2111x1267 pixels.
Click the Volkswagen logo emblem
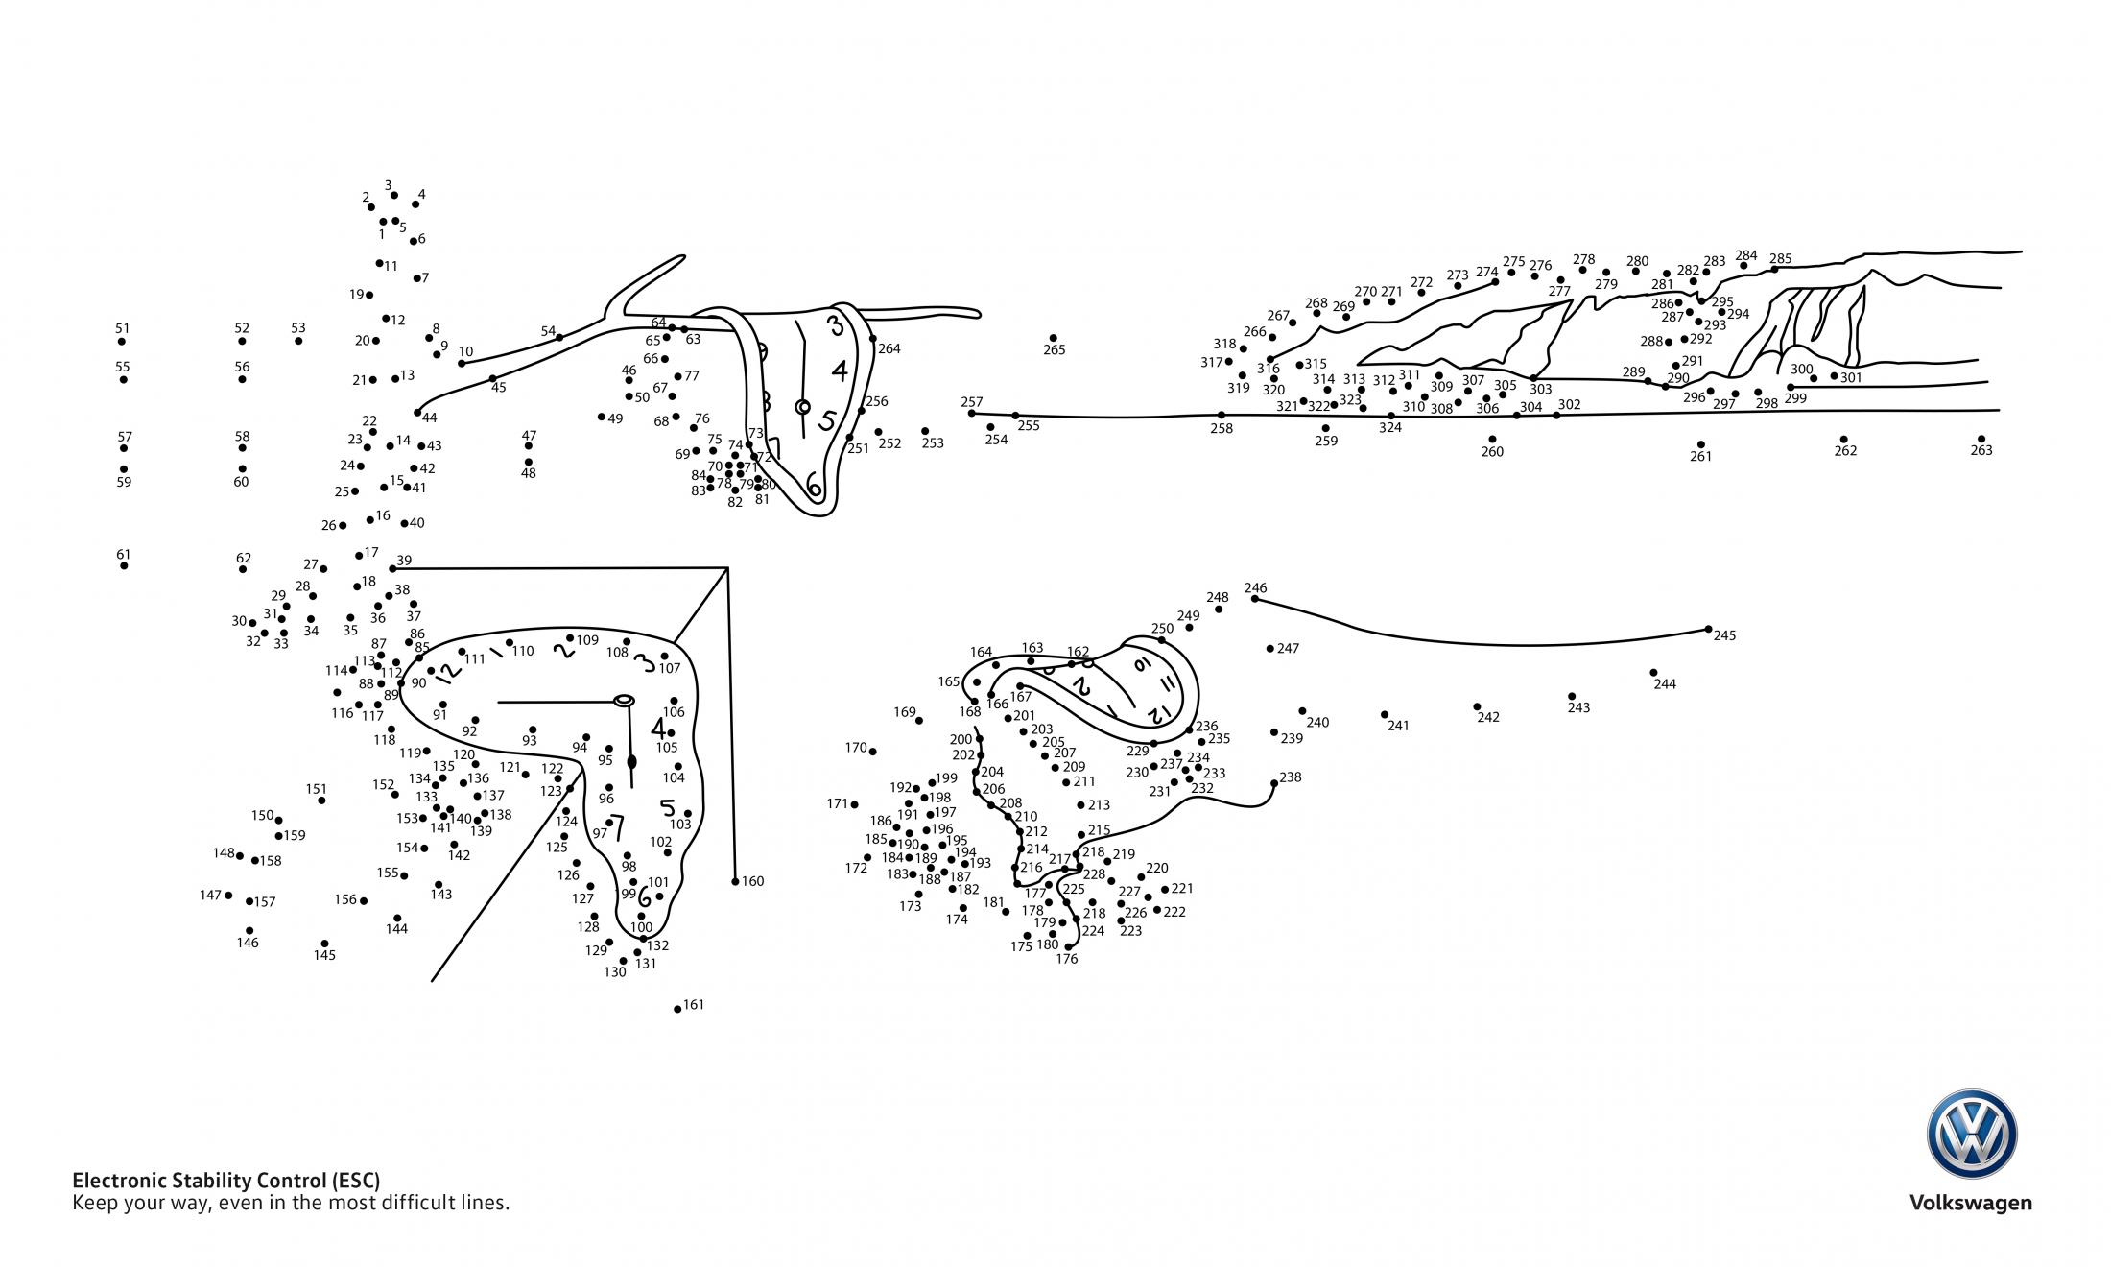click(1972, 1135)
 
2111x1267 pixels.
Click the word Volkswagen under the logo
click(1970, 1204)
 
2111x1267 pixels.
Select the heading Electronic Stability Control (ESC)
click(226, 1181)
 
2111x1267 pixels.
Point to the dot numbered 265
click(1053, 338)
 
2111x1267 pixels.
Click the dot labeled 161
click(677, 1009)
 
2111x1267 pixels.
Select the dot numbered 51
click(122, 342)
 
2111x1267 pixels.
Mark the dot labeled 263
click(1981, 439)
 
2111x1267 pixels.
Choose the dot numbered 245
click(1708, 630)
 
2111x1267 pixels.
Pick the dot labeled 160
click(735, 881)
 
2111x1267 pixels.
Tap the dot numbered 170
click(872, 752)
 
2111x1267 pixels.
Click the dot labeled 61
click(124, 566)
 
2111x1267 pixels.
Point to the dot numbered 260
click(1492, 440)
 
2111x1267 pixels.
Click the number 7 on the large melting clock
click(617, 826)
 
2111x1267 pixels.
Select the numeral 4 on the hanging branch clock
click(840, 371)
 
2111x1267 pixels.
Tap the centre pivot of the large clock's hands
click(624, 701)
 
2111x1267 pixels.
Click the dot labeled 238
click(1274, 783)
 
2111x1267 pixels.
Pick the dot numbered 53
click(298, 341)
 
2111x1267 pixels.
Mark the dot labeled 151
click(321, 801)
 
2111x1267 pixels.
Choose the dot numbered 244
click(1653, 673)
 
